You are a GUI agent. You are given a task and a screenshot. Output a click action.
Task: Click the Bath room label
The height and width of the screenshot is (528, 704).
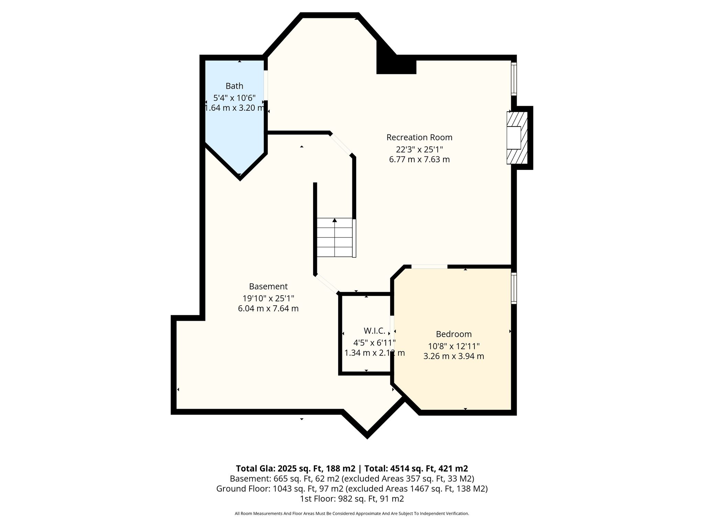[234, 86]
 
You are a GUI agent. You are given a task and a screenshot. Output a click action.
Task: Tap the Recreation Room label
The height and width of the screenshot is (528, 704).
[419, 137]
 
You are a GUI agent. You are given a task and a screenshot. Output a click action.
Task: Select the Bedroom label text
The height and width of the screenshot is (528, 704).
[454, 334]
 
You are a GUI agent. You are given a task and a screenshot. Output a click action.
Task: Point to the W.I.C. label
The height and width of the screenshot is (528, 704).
[374, 331]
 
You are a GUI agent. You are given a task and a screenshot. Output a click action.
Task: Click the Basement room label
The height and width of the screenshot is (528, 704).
[268, 286]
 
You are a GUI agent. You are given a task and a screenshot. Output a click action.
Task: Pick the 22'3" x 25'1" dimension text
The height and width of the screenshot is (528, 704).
[419, 150]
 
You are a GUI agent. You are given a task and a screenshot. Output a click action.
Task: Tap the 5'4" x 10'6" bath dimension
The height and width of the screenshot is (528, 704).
[234, 98]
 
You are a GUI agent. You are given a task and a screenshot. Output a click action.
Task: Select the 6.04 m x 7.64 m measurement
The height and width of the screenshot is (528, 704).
[268, 308]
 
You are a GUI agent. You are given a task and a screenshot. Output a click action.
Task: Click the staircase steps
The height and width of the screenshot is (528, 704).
[335, 238]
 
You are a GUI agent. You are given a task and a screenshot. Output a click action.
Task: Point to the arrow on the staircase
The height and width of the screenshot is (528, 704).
[334, 220]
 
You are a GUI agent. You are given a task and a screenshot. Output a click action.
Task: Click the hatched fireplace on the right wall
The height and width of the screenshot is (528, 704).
[517, 138]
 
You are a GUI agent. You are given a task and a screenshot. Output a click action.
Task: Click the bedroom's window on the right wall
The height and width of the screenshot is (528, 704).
[514, 288]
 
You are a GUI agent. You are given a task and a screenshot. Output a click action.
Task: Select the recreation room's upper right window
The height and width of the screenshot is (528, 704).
[514, 79]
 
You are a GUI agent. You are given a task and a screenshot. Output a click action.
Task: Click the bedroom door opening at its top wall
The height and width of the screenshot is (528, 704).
[429, 266]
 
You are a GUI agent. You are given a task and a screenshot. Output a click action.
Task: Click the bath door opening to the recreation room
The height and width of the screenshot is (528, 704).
[266, 85]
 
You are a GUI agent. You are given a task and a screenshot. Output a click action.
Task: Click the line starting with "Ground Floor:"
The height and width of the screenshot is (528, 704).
[352, 488]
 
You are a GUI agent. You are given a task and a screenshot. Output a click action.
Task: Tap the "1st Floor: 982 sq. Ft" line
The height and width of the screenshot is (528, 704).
[352, 499]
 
